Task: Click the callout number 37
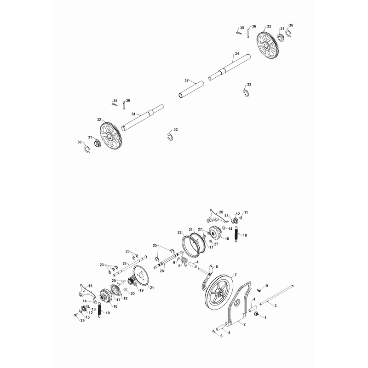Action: click(x=187, y=80)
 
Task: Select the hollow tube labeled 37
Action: click(x=191, y=90)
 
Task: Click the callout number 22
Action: click(x=180, y=233)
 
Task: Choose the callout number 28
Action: click(x=221, y=212)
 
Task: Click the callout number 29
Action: click(x=82, y=320)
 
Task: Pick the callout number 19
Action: click(x=142, y=290)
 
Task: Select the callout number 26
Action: click(x=162, y=271)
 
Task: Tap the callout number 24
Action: click(x=125, y=263)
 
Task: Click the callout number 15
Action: click(x=90, y=286)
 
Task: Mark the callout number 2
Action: click(x=245, y=324)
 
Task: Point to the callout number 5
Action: click(x=267, y=286)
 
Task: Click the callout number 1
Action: click(x=265, y=317)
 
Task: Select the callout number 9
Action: click(x=179, y=266)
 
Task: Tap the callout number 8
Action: click(x=217, y=267)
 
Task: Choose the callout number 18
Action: click(x=126, y=298)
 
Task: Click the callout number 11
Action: click(x=246, y=213)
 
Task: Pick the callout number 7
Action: click(x=236, y=275)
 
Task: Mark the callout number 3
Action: click(x=276, y=305)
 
